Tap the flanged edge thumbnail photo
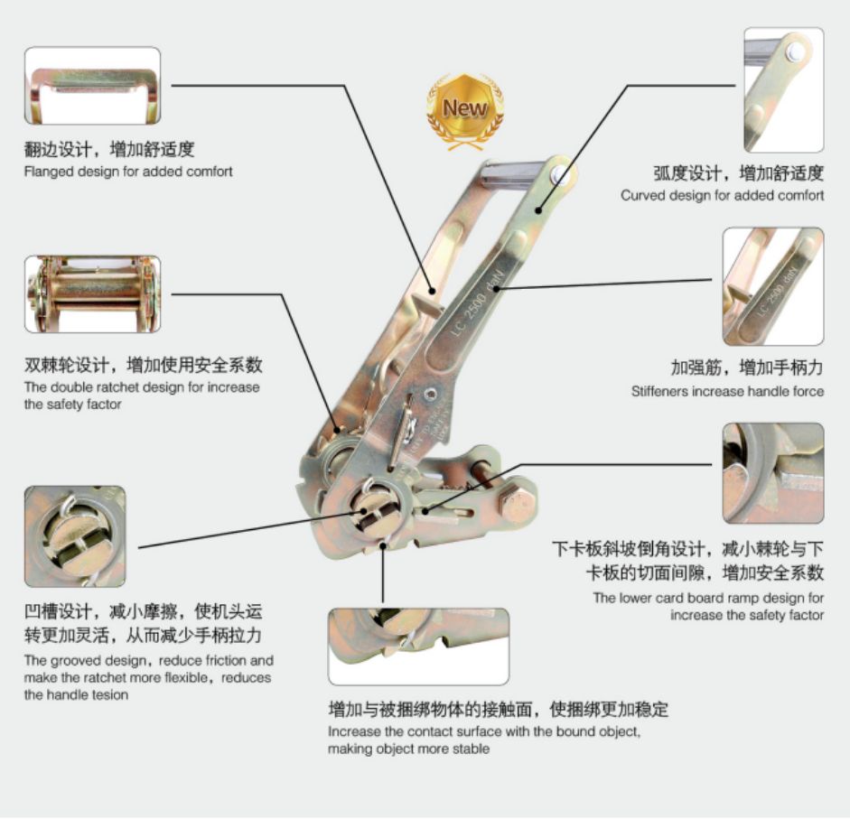pyautogui.click(x=93, y=86)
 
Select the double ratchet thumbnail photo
pyautogui.click(x=93, y=294)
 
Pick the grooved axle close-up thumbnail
pyautogui.click(x=75, y=536)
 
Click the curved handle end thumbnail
pyautogui.click(x=784, y=90)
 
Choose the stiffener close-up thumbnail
pyautogui.click(x=773, y=286)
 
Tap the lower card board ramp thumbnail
pyautogui.click(x=773, y=473)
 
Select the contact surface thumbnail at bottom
pyautogui.click(x=418, y=647)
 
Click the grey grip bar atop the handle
pyautogui.click(x=512, y=174)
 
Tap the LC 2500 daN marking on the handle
pyautogui.click(x=478, y=302)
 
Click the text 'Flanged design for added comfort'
pyautogui.click(x=128, y=172)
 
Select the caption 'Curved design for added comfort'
pyautogui.click(x=722, y=195)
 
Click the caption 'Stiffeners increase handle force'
pyautogui.click(x=727, y=391)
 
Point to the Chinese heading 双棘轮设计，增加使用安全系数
pyautogui.click(x=143, y=365)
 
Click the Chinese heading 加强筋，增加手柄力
pyautogui.click(x=747, y=368)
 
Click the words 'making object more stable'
pyautogui.click(x=408, y=749)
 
